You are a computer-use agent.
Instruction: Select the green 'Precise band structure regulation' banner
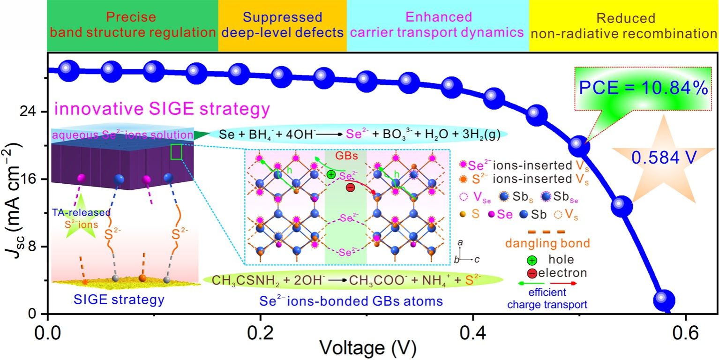[x=133, y=26]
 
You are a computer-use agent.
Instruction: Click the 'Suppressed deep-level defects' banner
[x=282, y=26]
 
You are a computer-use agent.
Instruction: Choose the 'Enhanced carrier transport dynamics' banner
[x=438, y=26]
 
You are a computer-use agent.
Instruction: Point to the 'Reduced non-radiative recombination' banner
[x=623, y=26]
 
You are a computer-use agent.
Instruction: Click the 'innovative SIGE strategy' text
[x=162, y=110]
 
